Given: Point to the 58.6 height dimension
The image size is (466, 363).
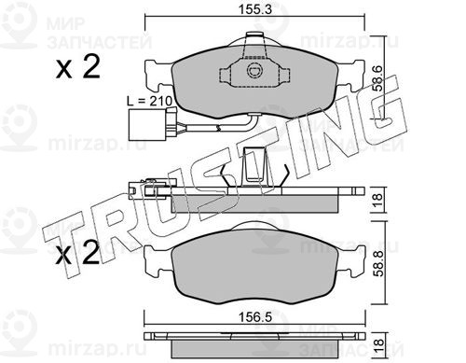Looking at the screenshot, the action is click(378, 78).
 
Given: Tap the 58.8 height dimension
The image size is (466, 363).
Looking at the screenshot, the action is click(379, 264).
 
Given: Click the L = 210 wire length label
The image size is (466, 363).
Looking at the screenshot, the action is click(150, 101).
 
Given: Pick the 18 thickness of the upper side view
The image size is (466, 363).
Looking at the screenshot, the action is click(377, 200).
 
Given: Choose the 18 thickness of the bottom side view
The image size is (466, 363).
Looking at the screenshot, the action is click(378, 345).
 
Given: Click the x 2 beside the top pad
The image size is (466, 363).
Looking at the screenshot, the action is click(78, 66).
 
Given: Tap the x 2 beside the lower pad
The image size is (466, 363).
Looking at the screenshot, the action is click(77, 254).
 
